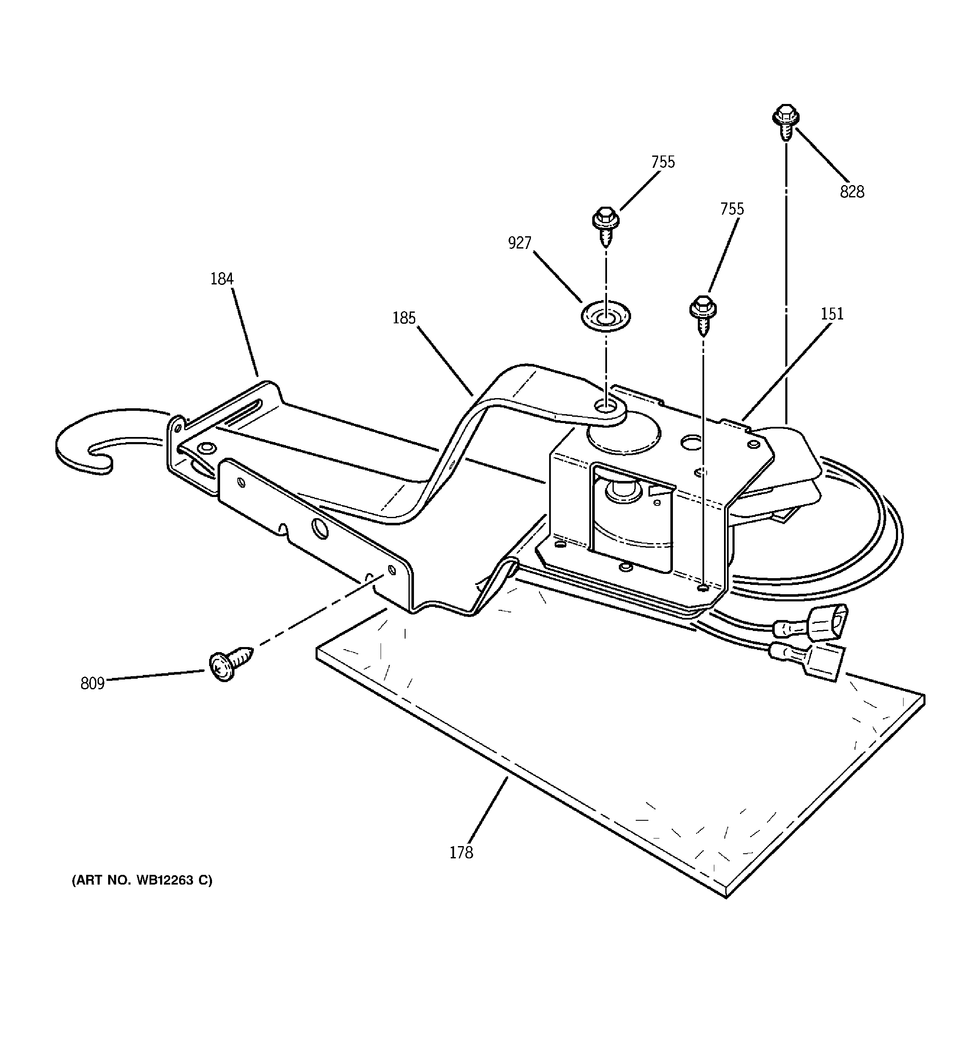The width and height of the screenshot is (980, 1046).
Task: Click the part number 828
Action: pos(852,192)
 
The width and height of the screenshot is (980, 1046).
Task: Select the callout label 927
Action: pos(519,243)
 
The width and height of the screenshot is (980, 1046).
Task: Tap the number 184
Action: pos(221,279)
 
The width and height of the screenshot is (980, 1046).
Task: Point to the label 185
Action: pos(404,318)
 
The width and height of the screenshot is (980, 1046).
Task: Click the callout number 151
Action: pos(832,314)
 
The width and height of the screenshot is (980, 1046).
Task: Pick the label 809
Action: pos(93,683)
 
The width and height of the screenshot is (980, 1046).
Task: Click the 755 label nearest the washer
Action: pos(663,162)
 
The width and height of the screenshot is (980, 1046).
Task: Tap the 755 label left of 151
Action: pos(732,209)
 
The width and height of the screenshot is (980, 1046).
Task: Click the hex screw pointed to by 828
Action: pos(785,121)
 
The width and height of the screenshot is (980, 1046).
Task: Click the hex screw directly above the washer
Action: pos(605,225)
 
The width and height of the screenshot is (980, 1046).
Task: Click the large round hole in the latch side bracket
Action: pos(320,529)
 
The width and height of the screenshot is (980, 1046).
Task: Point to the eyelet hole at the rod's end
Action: pos(605,406)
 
